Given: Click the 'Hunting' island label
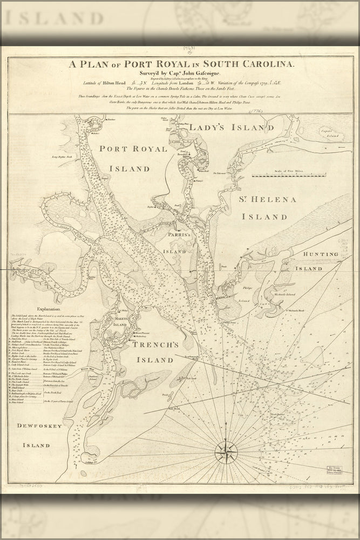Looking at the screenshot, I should pyautogui.click(x=321, y=254).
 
